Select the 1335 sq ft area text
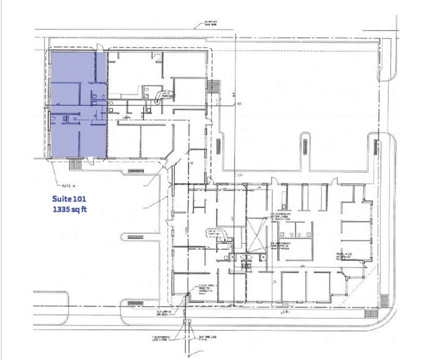coord(70,209)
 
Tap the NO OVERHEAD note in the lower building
coord(278,217)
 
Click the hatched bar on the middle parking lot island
coord(304,150)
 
